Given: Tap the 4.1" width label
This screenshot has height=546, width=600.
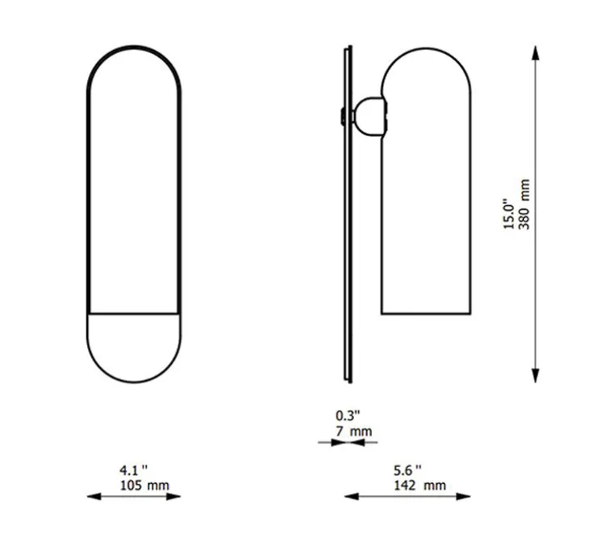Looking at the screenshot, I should coord(135,469).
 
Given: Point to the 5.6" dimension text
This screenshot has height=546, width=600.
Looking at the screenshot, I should coord(408,469).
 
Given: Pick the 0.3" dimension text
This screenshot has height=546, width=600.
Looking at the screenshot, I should coord(348,416).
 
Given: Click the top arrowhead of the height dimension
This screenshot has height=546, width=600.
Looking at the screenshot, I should coord(535,52).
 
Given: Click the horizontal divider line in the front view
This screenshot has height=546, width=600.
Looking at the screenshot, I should coord(134,312).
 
